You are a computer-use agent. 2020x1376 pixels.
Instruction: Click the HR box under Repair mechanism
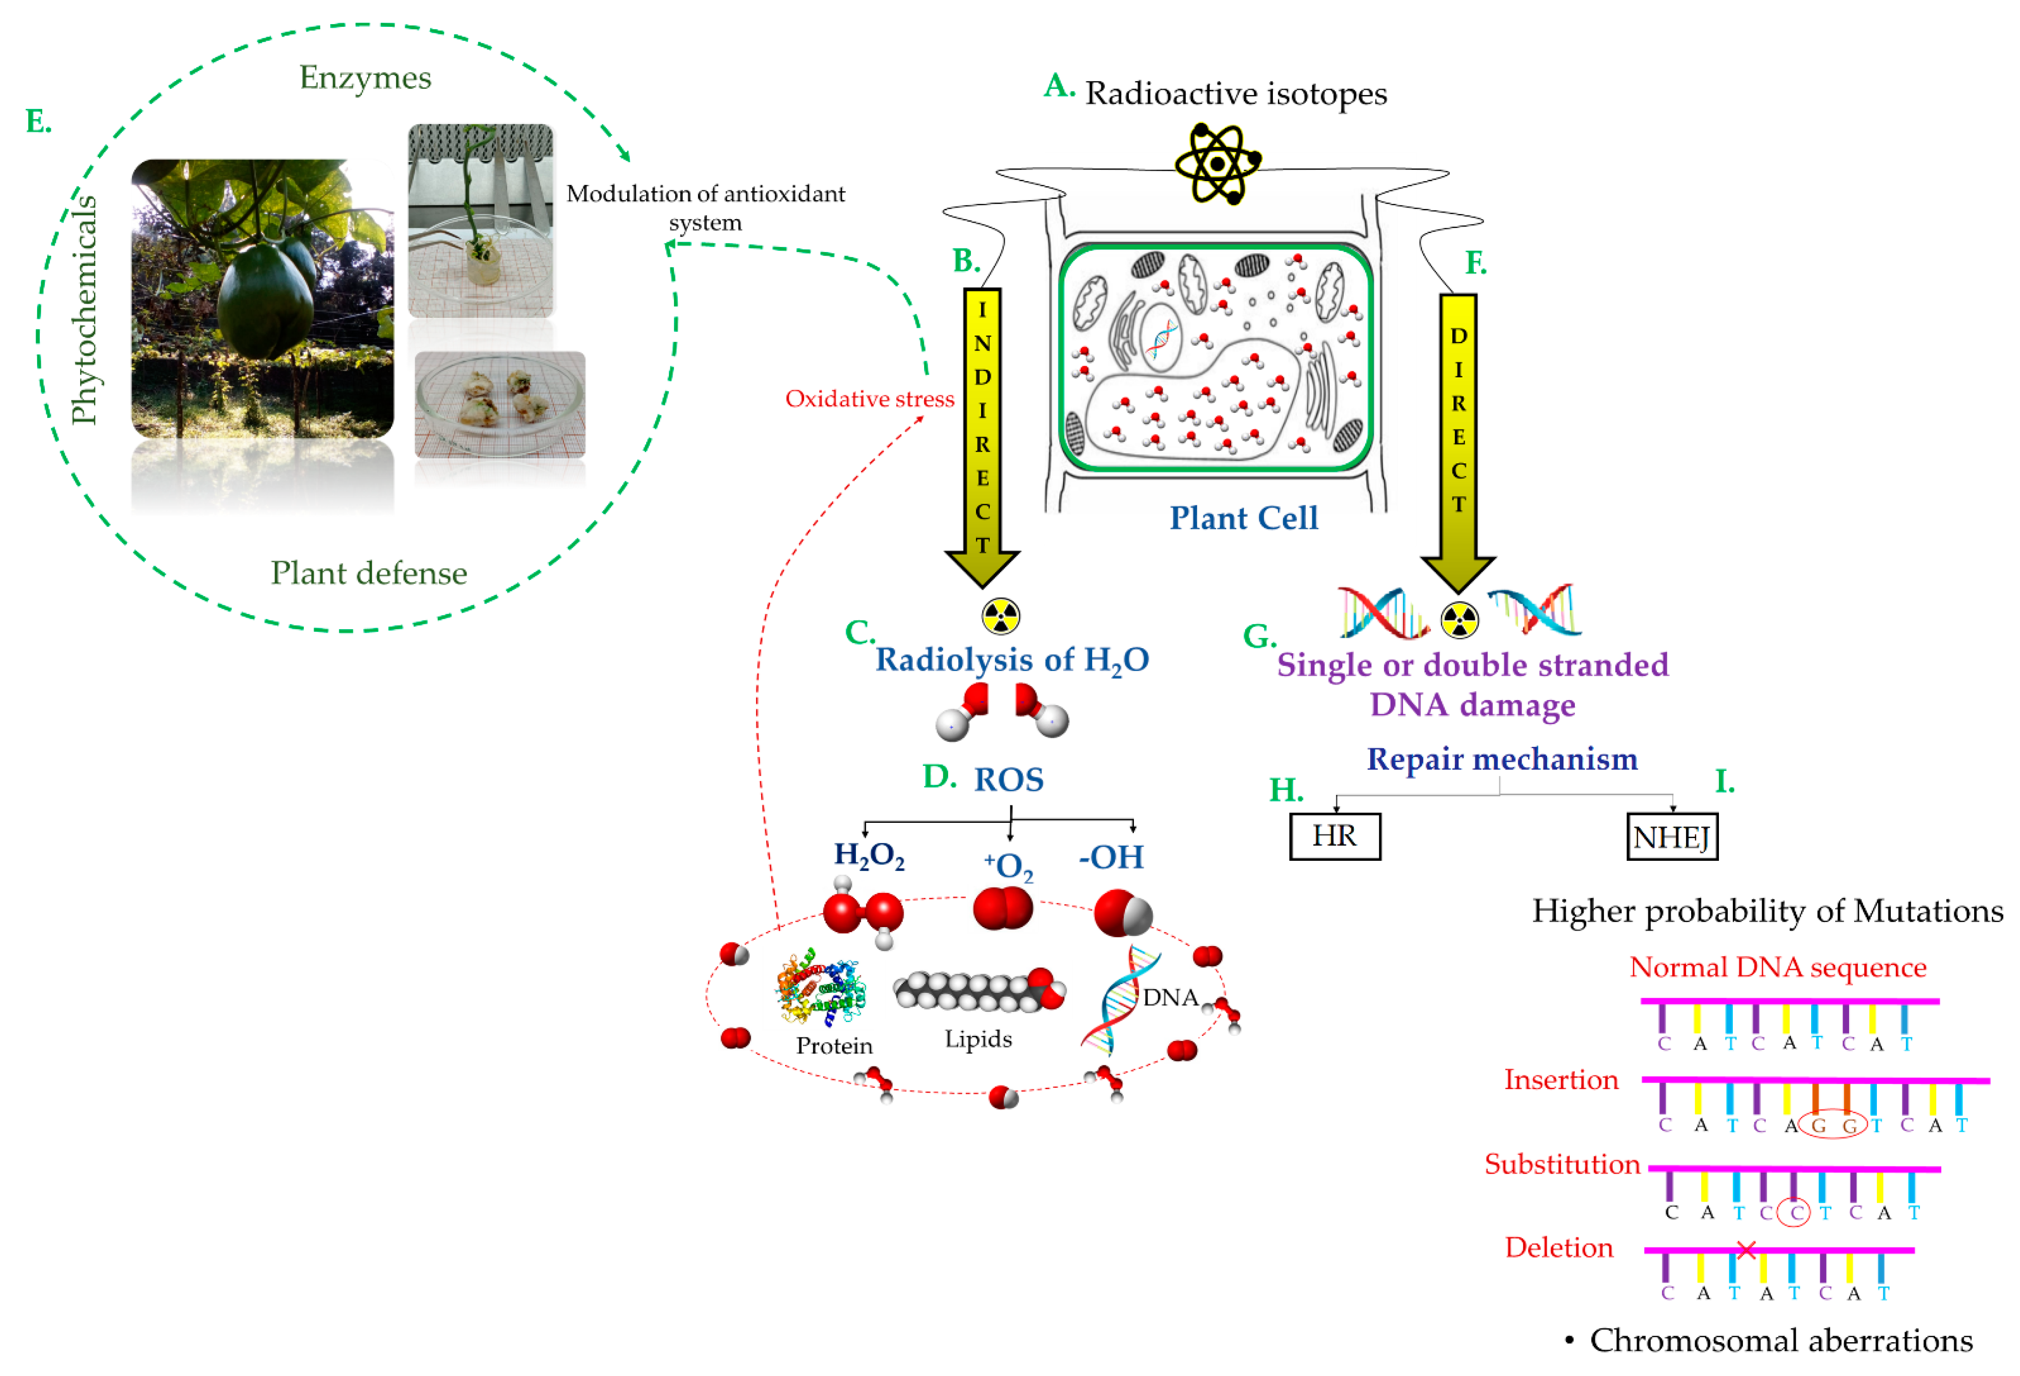(x=1334, y=836)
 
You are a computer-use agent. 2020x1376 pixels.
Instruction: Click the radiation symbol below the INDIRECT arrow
(x=1001, y=616)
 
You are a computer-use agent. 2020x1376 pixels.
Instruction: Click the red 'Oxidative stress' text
(x=869, y=399)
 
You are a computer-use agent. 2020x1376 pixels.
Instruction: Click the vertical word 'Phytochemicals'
(x=84, y=310)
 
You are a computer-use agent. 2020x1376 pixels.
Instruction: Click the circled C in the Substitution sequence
(x=1794, y=1212)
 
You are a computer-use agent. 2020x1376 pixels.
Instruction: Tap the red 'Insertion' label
(x=1561, y=1079)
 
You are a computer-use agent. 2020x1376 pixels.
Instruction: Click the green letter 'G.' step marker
(x=1258, y=636)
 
